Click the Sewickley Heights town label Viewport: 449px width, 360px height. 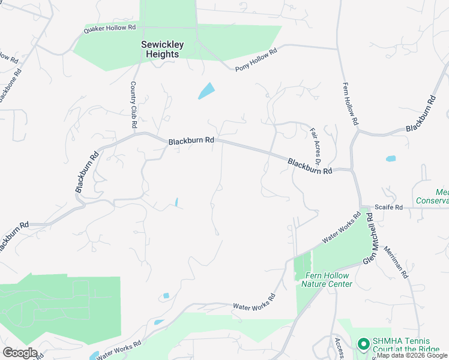(160, 49)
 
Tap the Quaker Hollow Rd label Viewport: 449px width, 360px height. (110, 28)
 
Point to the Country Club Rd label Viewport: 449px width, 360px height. (133, 105)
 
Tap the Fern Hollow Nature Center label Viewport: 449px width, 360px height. (328, 280)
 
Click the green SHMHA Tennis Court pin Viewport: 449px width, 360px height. (363, 344)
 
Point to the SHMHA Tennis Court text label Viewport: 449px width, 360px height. (406, 345)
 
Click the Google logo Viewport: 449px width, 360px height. (20, 353)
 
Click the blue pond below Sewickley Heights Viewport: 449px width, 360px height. (206, 91)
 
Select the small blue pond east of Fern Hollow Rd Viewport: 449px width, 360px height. (391, 159)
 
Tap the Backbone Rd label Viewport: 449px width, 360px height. (10, 86)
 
